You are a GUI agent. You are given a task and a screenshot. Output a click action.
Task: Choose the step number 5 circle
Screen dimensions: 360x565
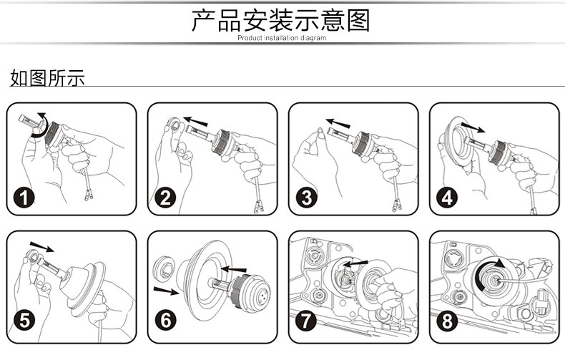click(24, 321)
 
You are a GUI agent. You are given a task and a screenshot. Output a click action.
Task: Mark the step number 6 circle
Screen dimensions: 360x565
click(165, 321)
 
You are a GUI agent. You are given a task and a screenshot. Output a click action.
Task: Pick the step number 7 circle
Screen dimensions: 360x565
click(306, 321)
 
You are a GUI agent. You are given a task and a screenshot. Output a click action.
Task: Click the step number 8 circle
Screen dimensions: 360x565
click(447, 321)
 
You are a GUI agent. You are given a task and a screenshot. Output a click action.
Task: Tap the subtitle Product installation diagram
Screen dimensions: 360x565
click(282, 38)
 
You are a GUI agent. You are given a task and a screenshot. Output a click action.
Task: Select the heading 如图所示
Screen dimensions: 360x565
click(47, 78)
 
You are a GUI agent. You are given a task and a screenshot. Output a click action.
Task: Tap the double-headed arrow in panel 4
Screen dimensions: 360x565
click(472, 128)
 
